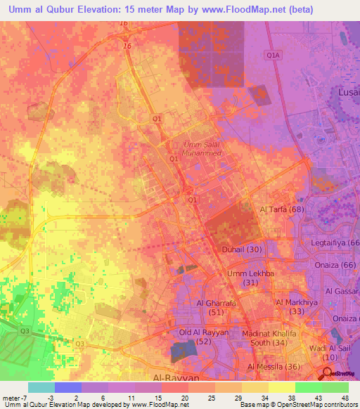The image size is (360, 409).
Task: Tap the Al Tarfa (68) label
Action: (x=281, y=210)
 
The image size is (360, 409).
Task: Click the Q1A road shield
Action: (x=273, y=54)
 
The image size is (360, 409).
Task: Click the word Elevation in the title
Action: (x=96, y=9)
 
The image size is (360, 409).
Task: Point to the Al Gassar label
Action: (x=342, y=291)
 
